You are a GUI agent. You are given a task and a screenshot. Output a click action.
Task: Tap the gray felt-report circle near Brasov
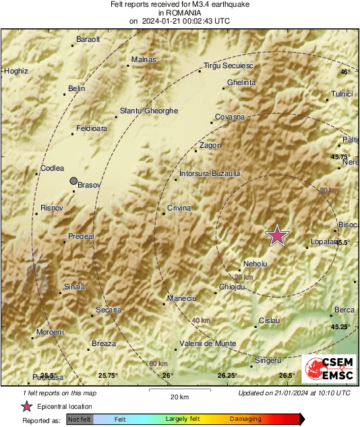point(73,180)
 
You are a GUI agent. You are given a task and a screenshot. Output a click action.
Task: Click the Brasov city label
point(89,184)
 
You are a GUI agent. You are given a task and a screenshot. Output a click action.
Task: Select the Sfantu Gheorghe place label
point(148,111)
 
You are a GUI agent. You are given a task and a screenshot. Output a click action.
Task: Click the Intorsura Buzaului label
point(210,174)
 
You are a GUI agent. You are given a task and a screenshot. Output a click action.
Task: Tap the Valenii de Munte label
point(207,343)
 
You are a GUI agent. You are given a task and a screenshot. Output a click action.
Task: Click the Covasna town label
point(229,117)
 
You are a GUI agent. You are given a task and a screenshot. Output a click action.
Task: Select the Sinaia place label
point(74,287)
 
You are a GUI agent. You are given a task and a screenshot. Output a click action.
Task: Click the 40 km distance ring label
point(200,320)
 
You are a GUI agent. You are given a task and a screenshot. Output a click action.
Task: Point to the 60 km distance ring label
point(157,364)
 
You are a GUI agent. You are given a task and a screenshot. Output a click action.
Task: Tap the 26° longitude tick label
point(168,375)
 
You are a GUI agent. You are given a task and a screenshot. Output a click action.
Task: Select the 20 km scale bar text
point(179,396)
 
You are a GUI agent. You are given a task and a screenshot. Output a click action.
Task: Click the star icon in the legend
point(27,406)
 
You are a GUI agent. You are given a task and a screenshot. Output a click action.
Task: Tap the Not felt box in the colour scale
point(80,420)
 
